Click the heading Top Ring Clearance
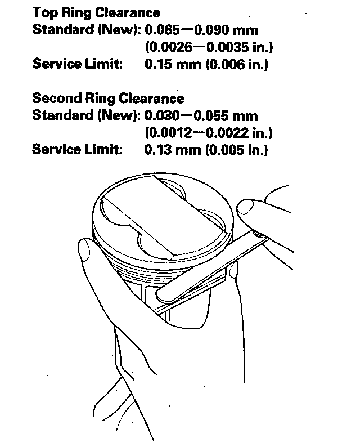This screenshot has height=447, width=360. tap(96, 12)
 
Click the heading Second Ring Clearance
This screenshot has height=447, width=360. tap(108, 99)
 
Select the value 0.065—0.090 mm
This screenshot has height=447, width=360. tap(201, 30)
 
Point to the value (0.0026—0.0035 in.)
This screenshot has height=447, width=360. tap(209, 47)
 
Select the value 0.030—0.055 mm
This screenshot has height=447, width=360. tap(201, 116)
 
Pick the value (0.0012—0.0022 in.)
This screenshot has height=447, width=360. tap(209, 133)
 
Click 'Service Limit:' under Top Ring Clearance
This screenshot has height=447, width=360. tap(77, 64)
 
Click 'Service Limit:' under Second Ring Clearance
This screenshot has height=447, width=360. tap(77, 150)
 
